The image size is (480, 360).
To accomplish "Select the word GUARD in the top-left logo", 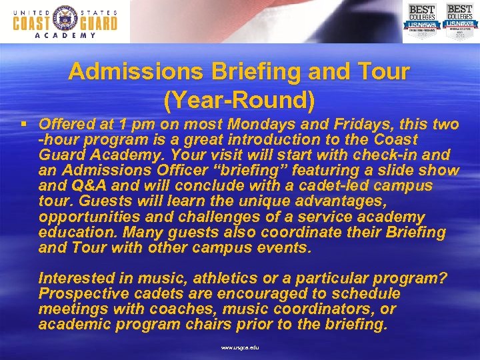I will (x=98, y=23).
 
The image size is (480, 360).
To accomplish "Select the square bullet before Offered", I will (x=24, y=125).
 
